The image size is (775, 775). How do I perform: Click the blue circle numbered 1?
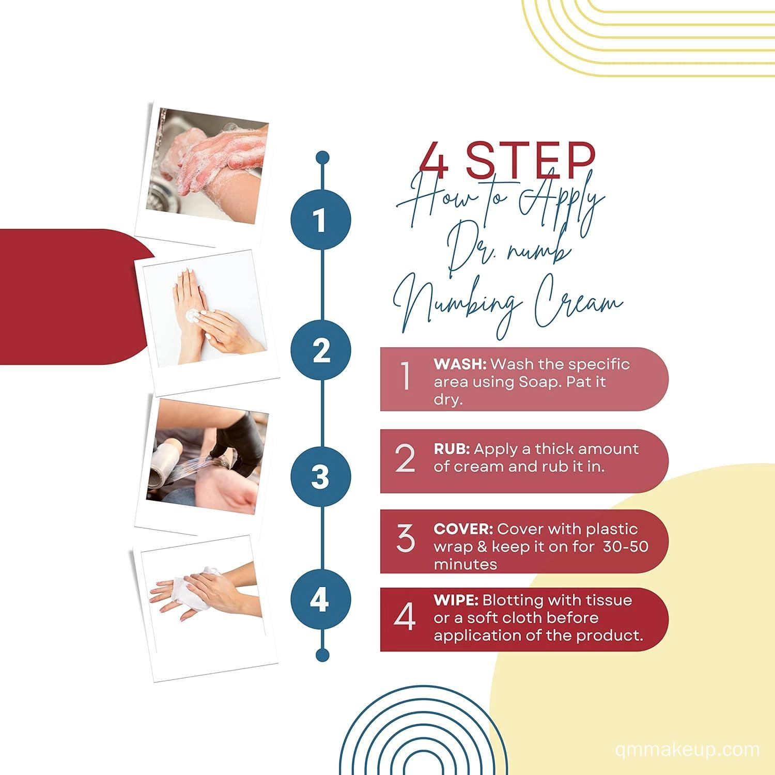coord(321,221)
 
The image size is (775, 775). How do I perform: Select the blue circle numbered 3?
coord(321,476)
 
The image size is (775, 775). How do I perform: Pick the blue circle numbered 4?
coord(321,600)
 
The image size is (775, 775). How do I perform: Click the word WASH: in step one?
coord(460,364)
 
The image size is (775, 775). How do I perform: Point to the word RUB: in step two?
coord(452,448)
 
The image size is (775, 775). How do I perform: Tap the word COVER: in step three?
coord(463,529)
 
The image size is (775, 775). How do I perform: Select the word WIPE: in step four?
coord(456,600)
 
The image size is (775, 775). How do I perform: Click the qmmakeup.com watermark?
coord(688,750)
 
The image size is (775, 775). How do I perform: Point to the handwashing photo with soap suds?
coord(207,166)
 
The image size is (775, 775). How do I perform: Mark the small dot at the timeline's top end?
coord(322,157)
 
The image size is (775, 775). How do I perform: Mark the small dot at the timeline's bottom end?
coord(322,655)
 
